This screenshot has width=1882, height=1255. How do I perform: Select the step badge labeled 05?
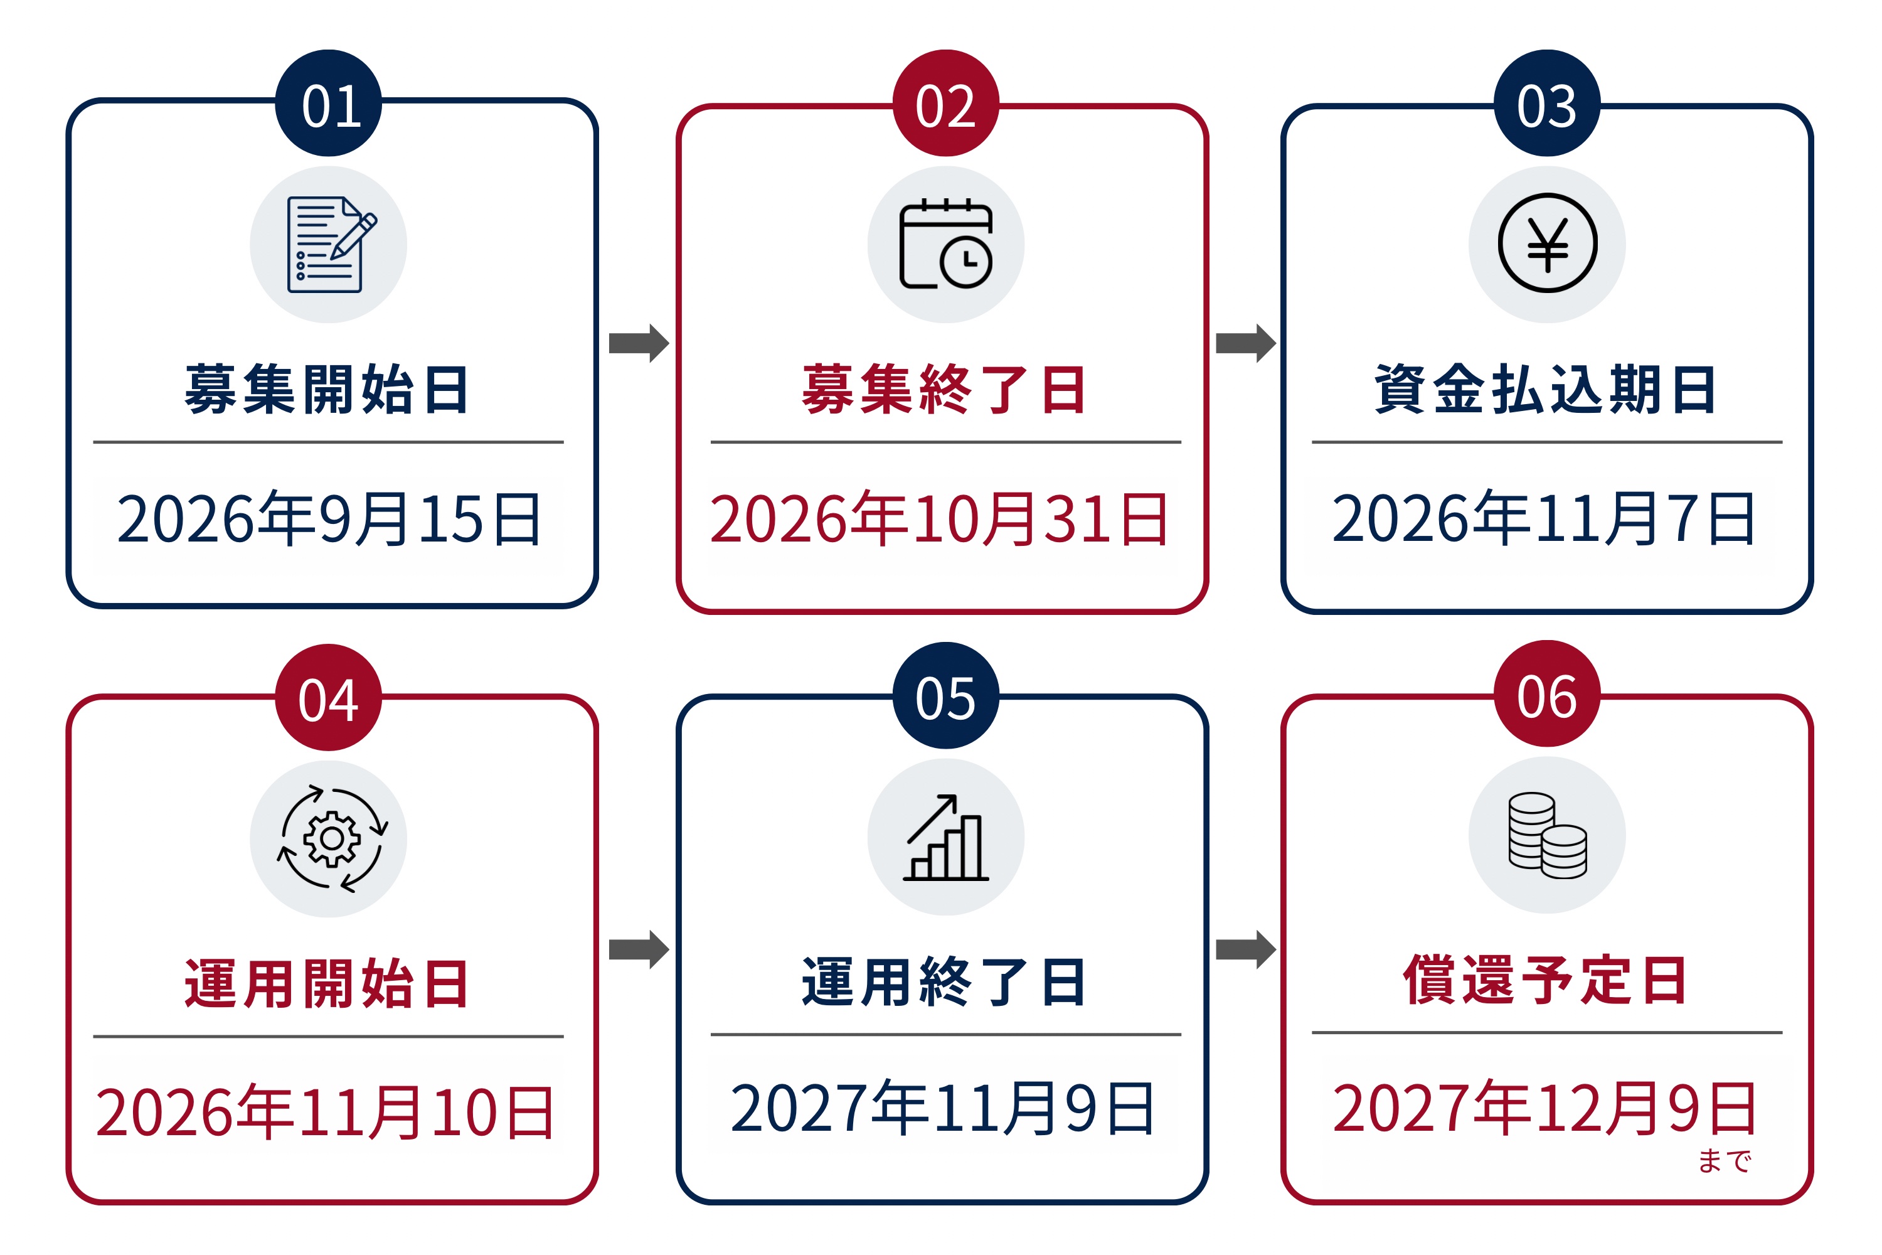click(x=946, y=695)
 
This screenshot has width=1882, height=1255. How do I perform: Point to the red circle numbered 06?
click(x=1547, y=693)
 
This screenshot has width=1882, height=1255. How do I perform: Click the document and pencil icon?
click(x=331, y=244)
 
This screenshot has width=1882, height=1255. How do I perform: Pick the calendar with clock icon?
click(x=946, y=243)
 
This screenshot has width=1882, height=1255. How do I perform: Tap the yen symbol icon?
click(x=1548, y=243)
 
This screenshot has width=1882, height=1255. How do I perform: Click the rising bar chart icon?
click(x=946, y=837)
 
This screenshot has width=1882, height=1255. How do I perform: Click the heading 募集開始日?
click(x=326, y=390)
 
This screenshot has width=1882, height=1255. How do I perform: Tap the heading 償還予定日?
click(x=1545, y=980)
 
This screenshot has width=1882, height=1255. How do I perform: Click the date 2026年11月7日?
click(x=1543, y=519)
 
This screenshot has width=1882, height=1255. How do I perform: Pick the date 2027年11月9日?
click(x=943, y=1109)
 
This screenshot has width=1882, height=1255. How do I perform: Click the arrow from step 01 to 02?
click(x=639, y=343)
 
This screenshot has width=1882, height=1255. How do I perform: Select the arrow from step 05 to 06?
click(x=1246, y=950)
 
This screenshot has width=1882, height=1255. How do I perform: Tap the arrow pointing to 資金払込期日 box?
click(x=1246, y=343)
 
